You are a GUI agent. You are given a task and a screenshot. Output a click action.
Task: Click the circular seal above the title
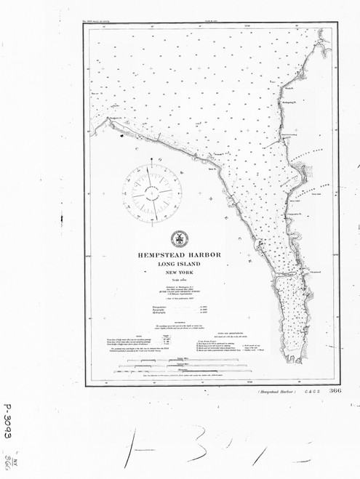click(x=177, y=240)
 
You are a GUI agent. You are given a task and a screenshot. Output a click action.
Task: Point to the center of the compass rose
click(x=151, y=190)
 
